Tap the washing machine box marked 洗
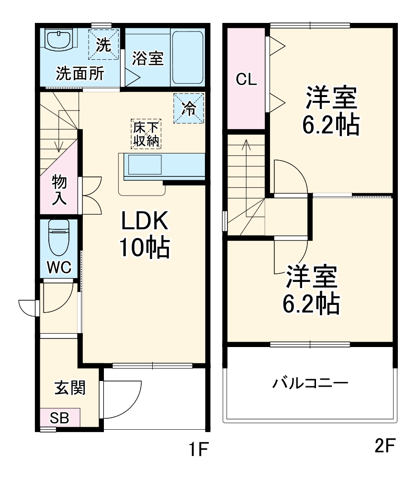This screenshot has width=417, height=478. point(103,44)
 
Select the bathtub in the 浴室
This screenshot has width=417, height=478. point(188,58)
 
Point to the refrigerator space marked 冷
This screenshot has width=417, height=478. point(189,108)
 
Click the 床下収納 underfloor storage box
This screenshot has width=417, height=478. point(146,134)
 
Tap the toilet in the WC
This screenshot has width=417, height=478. point(59,237)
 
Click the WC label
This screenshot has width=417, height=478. point(59,267)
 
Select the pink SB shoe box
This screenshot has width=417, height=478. point(60,417)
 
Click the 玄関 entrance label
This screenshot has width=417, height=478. point(70,388)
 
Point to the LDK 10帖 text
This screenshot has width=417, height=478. point(145,234)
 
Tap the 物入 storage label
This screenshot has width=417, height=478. point(59,190)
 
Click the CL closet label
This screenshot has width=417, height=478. point(246,79)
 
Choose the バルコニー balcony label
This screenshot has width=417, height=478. point(310,383)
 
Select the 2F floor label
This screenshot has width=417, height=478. point(384,445)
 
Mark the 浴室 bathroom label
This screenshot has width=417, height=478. point(148,58)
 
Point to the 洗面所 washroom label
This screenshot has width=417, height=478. point(80,73)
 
